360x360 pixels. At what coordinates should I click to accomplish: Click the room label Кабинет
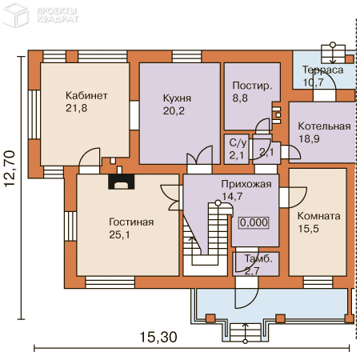pos(86,95)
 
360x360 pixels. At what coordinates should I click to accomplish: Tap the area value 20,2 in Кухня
pos(174,110)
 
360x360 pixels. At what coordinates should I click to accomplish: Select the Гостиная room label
pos(131,222)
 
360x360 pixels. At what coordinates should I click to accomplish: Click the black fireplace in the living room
pos(121,182)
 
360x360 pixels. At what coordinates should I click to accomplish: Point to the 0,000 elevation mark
pos(254,222)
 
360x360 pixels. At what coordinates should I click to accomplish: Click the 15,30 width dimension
pos(158,337)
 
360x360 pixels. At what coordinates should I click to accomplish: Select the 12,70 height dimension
pos(10,169)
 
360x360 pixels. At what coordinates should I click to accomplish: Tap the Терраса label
pos(322,70)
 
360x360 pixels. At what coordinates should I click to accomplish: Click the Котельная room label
pos(324,126)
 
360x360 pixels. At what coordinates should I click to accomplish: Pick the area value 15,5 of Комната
pos(308,229)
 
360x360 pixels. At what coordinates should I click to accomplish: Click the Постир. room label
pos(252,86)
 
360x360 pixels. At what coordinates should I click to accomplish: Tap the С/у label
pos(238,143)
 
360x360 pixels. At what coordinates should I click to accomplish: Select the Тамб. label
pos(258,258)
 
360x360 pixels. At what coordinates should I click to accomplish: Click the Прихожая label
pos(246,184)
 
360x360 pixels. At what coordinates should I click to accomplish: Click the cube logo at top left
pos(15,14)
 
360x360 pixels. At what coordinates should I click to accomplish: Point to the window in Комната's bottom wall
pos(318,282)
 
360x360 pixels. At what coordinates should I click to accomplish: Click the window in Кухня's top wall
pos(186,56)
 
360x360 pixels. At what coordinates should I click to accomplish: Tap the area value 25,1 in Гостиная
pos(119,234)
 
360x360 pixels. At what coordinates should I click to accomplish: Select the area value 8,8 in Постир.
pos(240,98)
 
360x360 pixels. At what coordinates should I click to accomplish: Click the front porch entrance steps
pos(246,332)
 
